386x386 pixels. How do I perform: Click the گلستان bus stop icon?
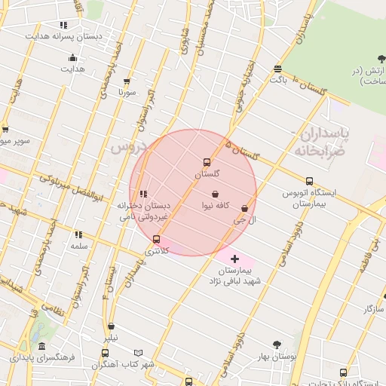click(207, 162)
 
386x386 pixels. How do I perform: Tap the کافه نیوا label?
click(215, 205)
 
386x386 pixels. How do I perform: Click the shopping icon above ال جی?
click(245, 208)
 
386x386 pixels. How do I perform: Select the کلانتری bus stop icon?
click(157, 239)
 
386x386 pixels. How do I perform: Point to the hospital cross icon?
click(234, 259)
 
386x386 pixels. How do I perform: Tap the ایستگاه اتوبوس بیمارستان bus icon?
click(309, 181)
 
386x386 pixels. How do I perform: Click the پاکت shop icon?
click(278, 69)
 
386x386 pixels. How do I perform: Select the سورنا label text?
click(126, 93)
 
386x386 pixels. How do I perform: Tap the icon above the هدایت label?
click(72, 57)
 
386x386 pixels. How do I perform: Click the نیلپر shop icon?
click(112, 326)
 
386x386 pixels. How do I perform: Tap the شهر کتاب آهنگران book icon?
click(138, 353)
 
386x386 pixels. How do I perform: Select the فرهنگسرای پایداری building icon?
click(41, 347)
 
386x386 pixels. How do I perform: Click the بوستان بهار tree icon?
click(277, 345)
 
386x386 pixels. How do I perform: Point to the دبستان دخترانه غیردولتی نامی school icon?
click(143, 194)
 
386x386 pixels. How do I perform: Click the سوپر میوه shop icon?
click(5, 129)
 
